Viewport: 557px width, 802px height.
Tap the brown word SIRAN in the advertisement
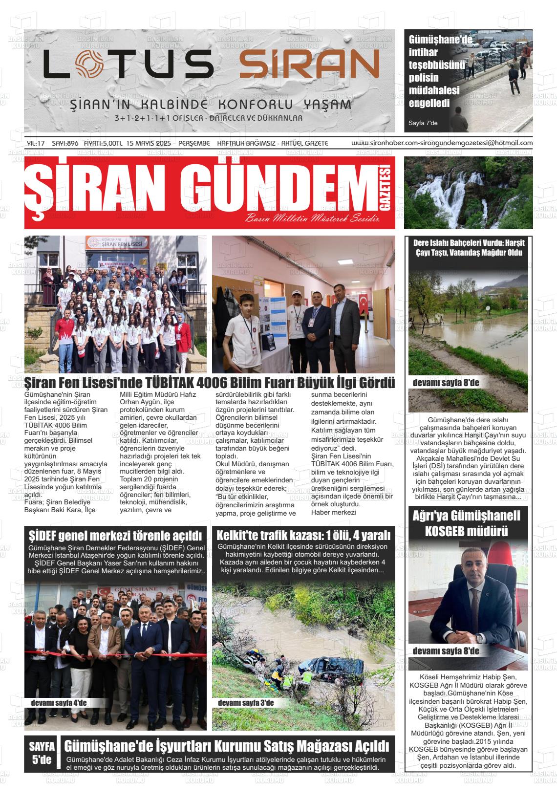point(309,65)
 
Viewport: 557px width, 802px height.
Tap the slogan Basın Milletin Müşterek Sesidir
point(313,218)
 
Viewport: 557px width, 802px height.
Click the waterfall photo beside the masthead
point(468,192)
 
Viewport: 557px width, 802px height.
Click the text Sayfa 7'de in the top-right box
point(423,123)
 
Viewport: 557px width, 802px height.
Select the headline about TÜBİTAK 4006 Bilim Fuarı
point(210,383)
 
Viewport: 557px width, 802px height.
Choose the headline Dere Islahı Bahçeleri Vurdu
point(468,248)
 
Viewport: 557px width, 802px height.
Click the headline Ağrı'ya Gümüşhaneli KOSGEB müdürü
point(468,523)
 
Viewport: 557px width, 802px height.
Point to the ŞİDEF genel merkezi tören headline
point(115,534)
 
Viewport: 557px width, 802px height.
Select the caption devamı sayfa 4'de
point(59,703)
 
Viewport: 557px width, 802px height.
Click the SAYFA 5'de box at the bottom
point(42,753)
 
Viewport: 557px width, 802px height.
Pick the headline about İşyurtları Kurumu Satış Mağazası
point(227,746)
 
